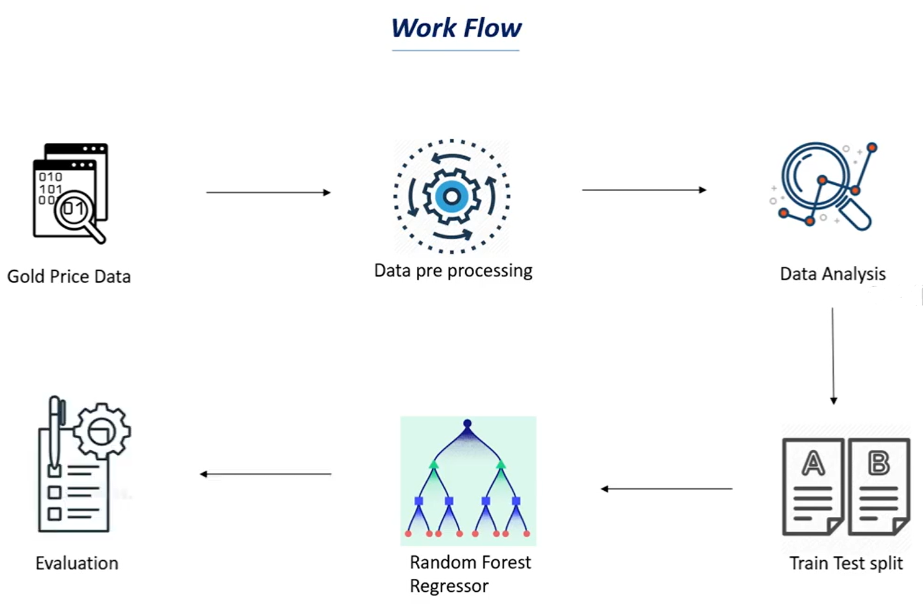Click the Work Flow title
pos(456,29)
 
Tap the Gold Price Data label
pos(69,276)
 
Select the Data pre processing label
pos(453,271)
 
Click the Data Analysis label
pos(832,274)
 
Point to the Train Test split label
pos(845,563)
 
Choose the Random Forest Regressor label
pos(470,574)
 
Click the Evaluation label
pos(77,563)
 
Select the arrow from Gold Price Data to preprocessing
pos(268,193)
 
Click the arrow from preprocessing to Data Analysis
pos(644,190)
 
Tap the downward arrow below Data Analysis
pos(833,356)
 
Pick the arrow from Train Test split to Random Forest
pos(667,489)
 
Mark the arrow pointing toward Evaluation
pos(265,474)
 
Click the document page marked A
pos(813,486)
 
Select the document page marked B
pos(878,486)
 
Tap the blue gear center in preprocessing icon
pos(452,197)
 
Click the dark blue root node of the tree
pos(467,424)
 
